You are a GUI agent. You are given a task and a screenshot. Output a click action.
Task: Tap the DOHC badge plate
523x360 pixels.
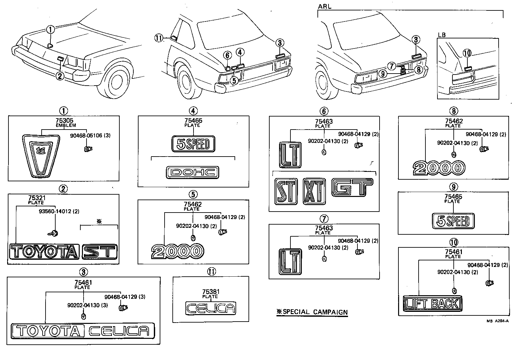[192, 173]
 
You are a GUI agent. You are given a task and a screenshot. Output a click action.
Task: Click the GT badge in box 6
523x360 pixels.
[352, 187]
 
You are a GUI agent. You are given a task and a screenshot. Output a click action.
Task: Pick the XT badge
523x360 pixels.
[314, 191]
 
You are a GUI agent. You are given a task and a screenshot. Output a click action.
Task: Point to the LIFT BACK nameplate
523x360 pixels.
[433, 304]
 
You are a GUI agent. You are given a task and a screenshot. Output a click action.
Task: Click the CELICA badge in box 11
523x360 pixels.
[210, 308]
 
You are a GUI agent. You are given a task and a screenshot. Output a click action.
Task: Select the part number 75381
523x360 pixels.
[210, 292]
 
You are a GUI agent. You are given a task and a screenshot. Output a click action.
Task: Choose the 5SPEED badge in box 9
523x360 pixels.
[453, 221]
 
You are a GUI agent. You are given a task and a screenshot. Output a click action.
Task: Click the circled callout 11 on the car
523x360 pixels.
[159, 38]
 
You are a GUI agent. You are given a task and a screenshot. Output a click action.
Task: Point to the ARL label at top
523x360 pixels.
[325, 7]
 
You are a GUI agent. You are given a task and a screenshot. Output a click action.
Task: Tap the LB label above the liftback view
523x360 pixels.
[442, 35]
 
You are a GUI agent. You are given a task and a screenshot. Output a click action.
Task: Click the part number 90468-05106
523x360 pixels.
[90, 135]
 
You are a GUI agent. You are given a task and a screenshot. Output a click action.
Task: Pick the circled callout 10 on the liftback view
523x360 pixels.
[467, 53]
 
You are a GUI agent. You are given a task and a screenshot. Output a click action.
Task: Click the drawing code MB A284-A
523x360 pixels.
[497, 321]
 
